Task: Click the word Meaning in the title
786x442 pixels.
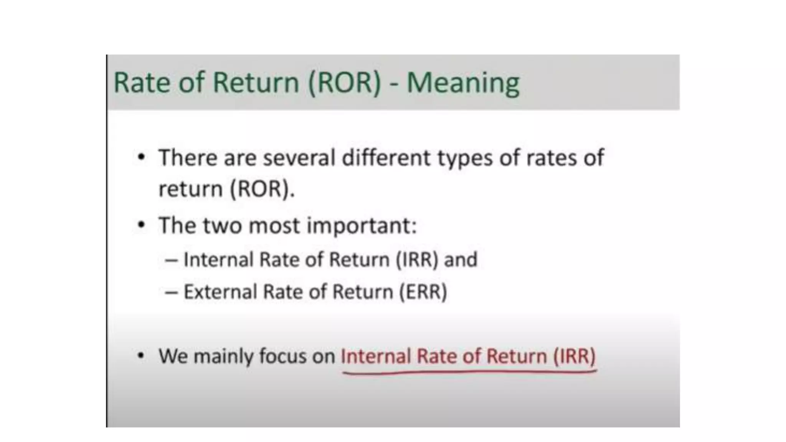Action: pos(463,83)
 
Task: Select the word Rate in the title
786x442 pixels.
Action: pos(142,82)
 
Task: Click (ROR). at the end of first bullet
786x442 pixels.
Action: pos(262,189)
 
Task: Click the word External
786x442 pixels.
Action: pos(220,292)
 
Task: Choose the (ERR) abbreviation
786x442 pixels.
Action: pos(423,292)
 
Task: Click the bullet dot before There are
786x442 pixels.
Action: pos(142,157)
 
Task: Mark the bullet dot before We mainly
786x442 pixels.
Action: pos(141,356)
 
